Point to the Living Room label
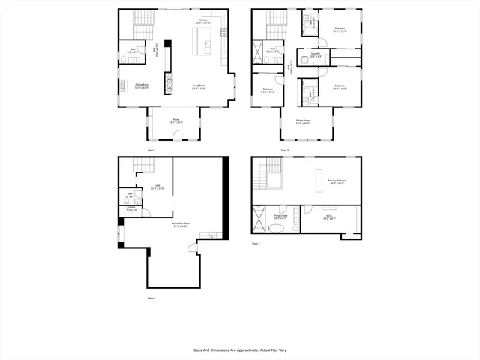199,85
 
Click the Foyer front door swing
178,134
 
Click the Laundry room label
316,55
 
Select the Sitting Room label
303,120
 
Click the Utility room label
130,210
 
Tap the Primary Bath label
281,217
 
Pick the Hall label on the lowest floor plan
158,187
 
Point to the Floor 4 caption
256,243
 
